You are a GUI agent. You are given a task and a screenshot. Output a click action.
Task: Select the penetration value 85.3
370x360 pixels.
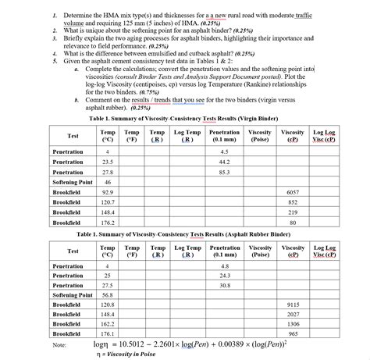click(224, 171)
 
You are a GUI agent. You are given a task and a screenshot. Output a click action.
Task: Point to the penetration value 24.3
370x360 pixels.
click(225, 276)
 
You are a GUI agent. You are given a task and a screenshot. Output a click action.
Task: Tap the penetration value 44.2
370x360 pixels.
click(224, 161)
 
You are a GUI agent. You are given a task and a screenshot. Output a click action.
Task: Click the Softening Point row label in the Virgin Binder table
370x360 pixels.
click(72, 181)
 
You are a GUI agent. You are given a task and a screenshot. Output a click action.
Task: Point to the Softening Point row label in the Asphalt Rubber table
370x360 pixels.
click(72, 295)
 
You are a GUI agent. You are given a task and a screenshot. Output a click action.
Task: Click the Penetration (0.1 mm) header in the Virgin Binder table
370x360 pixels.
click(225, 136)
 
